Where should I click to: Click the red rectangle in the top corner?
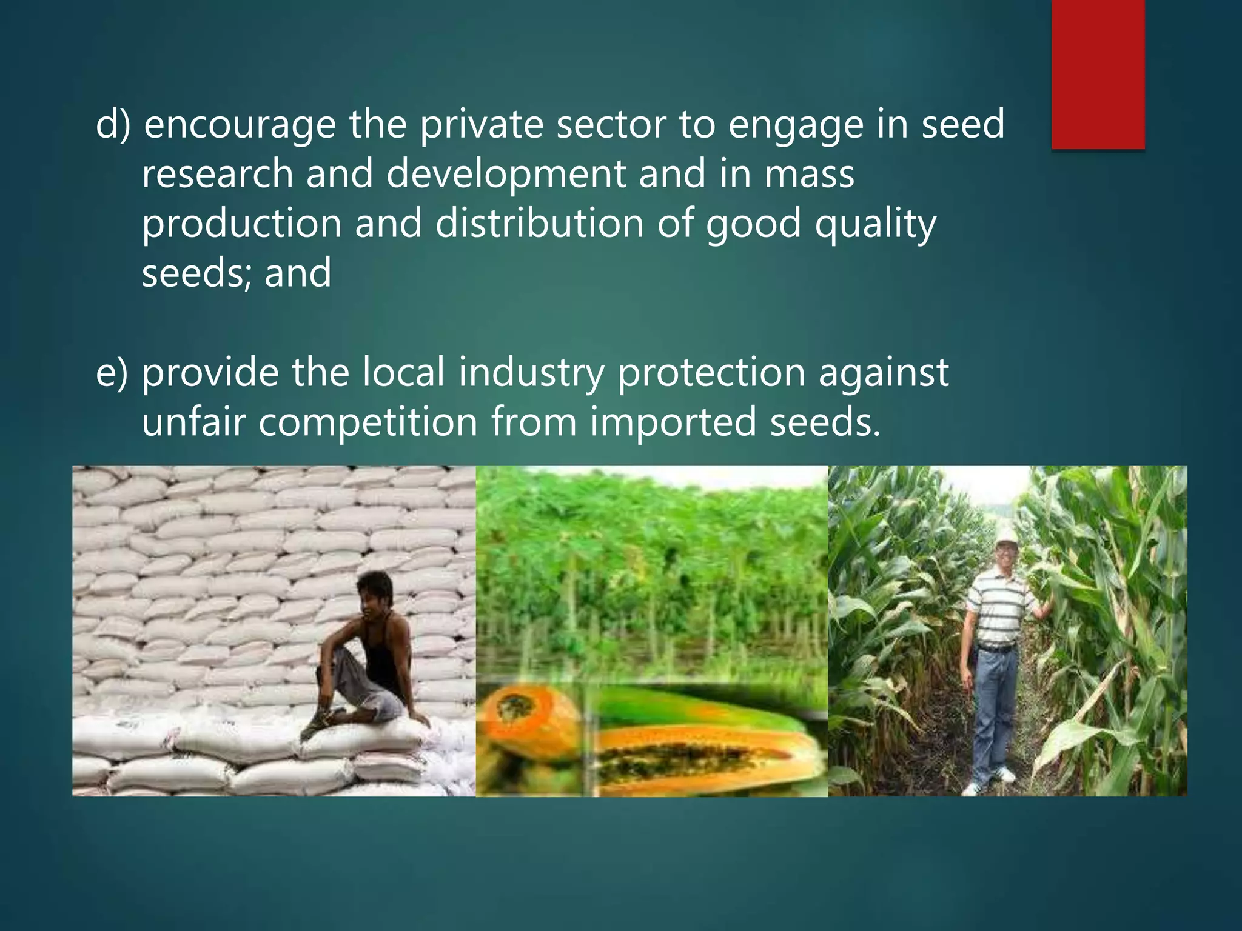1098,74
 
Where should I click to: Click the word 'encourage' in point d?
240,124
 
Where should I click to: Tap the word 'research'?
218,174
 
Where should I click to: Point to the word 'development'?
506,174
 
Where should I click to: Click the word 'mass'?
809,174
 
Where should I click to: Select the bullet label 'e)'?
113,372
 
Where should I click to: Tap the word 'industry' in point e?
531,372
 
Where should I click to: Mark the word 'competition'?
369,422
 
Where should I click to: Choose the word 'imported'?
673,422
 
